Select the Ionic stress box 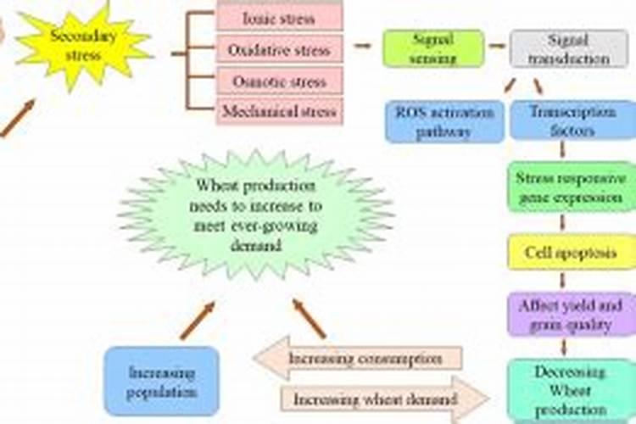(279, 17)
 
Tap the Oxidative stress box (279, 49)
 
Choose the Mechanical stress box (279, 111)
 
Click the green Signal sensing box (432, 48)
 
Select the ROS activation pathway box (444, 121)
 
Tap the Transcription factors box (561, 121)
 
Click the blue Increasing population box (161, 381)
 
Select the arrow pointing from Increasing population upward (197, 321)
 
